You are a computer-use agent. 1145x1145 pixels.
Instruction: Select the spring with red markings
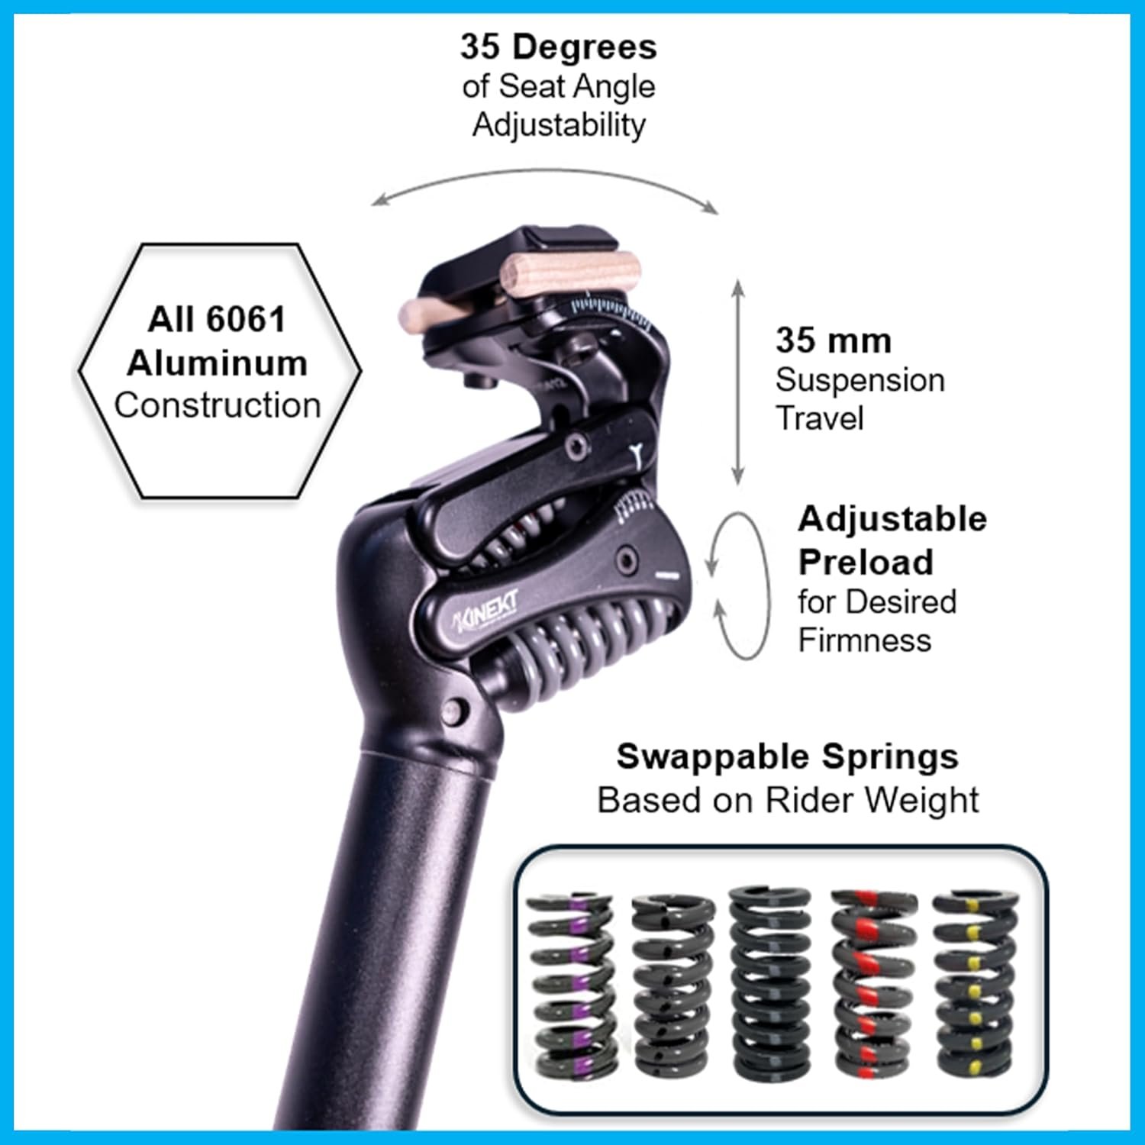click(x=872, y=984)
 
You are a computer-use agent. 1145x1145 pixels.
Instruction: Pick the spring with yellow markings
click(x=975, y=984)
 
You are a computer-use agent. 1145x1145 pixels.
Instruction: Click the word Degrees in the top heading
click(x=585, y=47)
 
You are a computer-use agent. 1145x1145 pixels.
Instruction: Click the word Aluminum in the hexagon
click(x=218, y=363)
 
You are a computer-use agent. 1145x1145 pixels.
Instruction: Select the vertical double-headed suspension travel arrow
click(x=738, y=382)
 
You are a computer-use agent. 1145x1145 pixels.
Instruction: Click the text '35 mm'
click(x=834, y=340)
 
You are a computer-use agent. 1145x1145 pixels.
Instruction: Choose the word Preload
click(x=866, y=563)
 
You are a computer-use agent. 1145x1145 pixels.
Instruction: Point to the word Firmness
click(x=864, y=640)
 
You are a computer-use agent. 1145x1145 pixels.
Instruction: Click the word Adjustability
click(x=559, y=125)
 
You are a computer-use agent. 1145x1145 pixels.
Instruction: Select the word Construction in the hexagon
click(x=218, y=405)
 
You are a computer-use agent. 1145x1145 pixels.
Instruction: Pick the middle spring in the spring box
click(x=771, y=984)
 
